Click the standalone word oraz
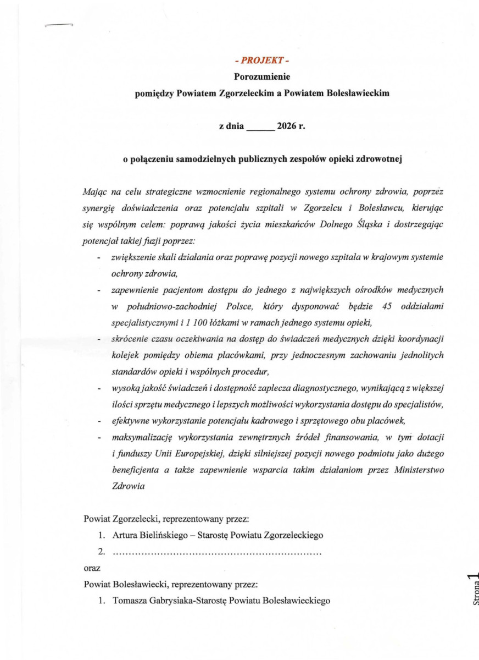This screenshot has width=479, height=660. click(92, 566)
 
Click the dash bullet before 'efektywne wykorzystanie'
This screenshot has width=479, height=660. click(99, 422)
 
